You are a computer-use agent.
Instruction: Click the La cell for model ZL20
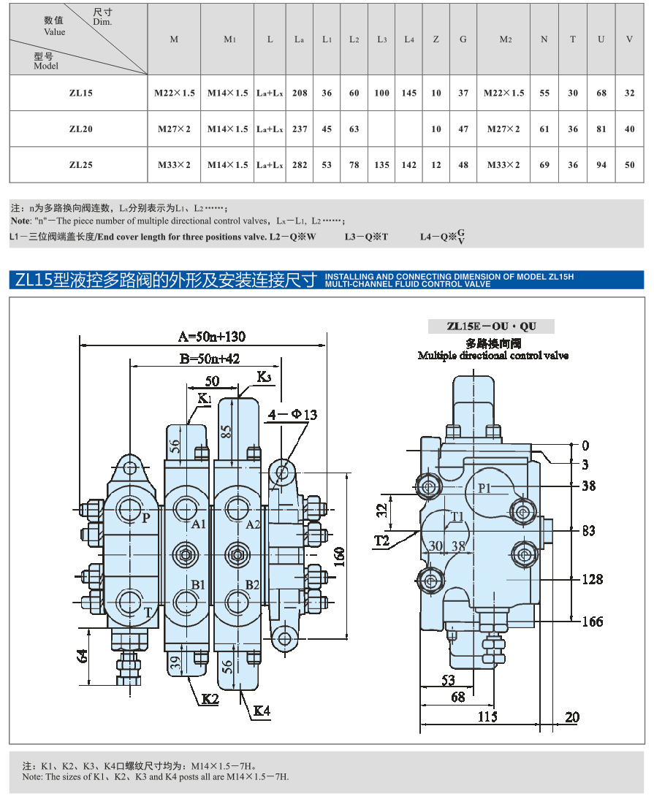300,129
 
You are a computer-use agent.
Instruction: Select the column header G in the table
463,39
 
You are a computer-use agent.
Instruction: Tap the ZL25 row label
81,164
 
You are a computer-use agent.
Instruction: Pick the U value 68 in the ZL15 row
601,93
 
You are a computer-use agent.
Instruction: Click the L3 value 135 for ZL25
381,164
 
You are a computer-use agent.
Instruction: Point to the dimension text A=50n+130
211,336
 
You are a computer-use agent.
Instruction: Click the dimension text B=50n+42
210,359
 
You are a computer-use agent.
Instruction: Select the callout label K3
264,377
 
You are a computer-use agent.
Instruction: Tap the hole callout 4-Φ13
292,415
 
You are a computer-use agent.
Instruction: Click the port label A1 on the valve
198,524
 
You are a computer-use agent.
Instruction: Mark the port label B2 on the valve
252,584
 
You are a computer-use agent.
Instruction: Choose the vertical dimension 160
340,557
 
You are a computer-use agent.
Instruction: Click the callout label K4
262,711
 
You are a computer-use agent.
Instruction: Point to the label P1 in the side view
484,488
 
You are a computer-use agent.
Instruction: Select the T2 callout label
381,540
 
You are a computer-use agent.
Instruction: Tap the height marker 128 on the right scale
593,579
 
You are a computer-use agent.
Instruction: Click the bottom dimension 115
487,717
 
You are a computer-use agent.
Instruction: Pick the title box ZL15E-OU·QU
491,326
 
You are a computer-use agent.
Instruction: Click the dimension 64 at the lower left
82,656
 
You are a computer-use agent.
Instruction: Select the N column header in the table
544,39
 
